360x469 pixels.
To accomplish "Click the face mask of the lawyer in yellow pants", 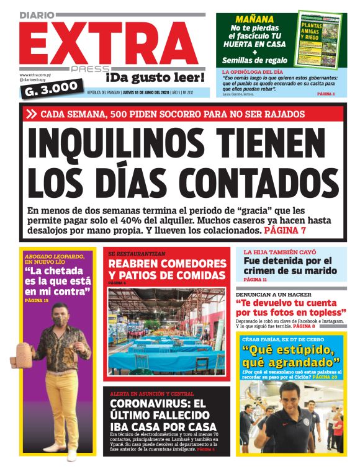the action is tap(60, 321).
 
